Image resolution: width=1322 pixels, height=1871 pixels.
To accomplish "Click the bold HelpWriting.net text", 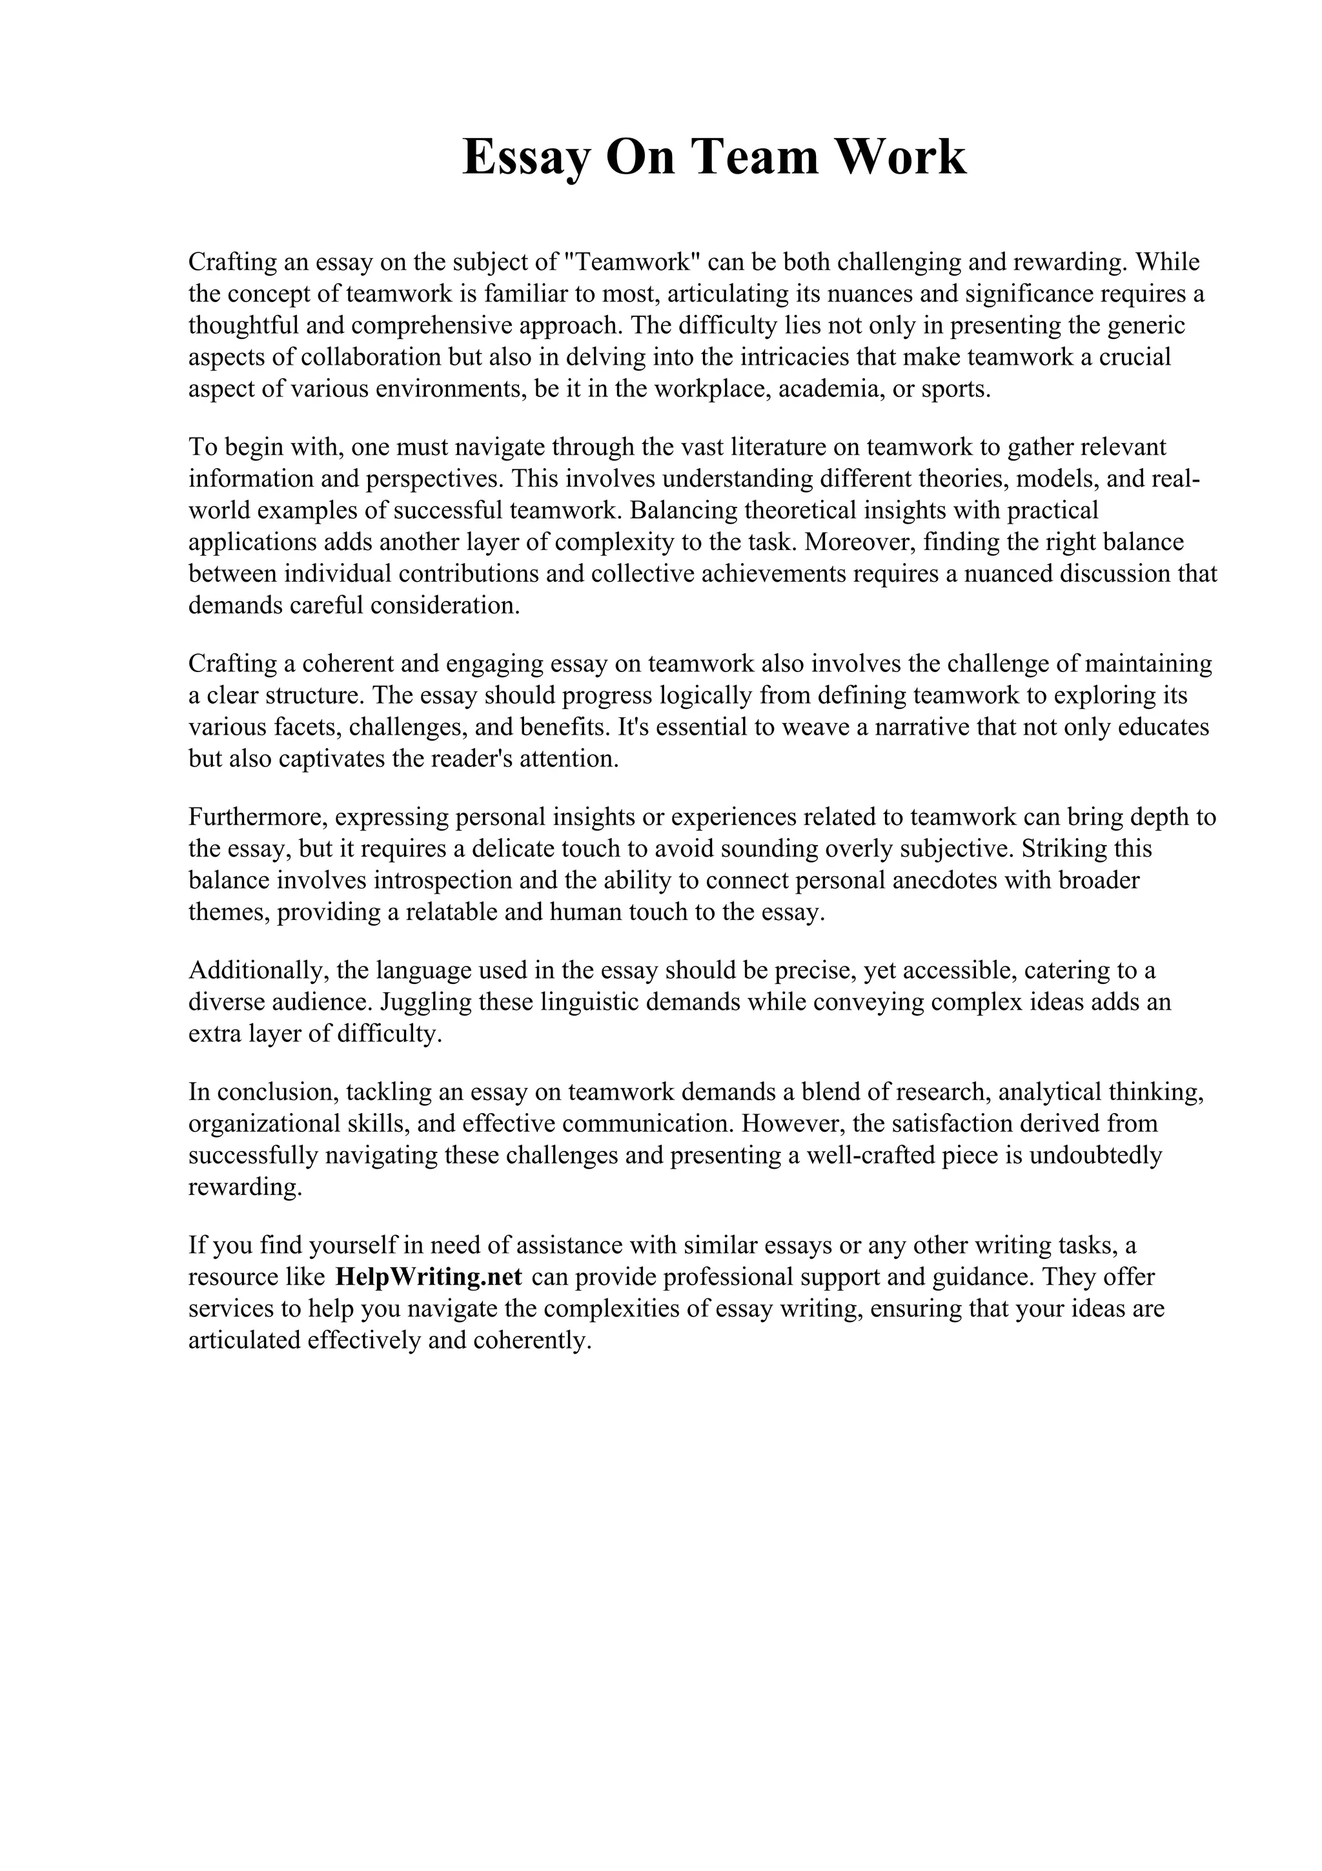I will click(429, 1276).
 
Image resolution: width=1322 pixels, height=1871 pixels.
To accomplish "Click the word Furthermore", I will click(258, 817).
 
